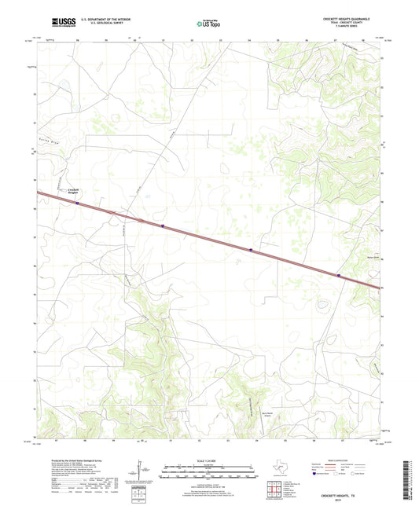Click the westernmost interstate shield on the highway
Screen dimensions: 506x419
tap(78, 203)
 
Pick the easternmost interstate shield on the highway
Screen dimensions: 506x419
tap(338, 275)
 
